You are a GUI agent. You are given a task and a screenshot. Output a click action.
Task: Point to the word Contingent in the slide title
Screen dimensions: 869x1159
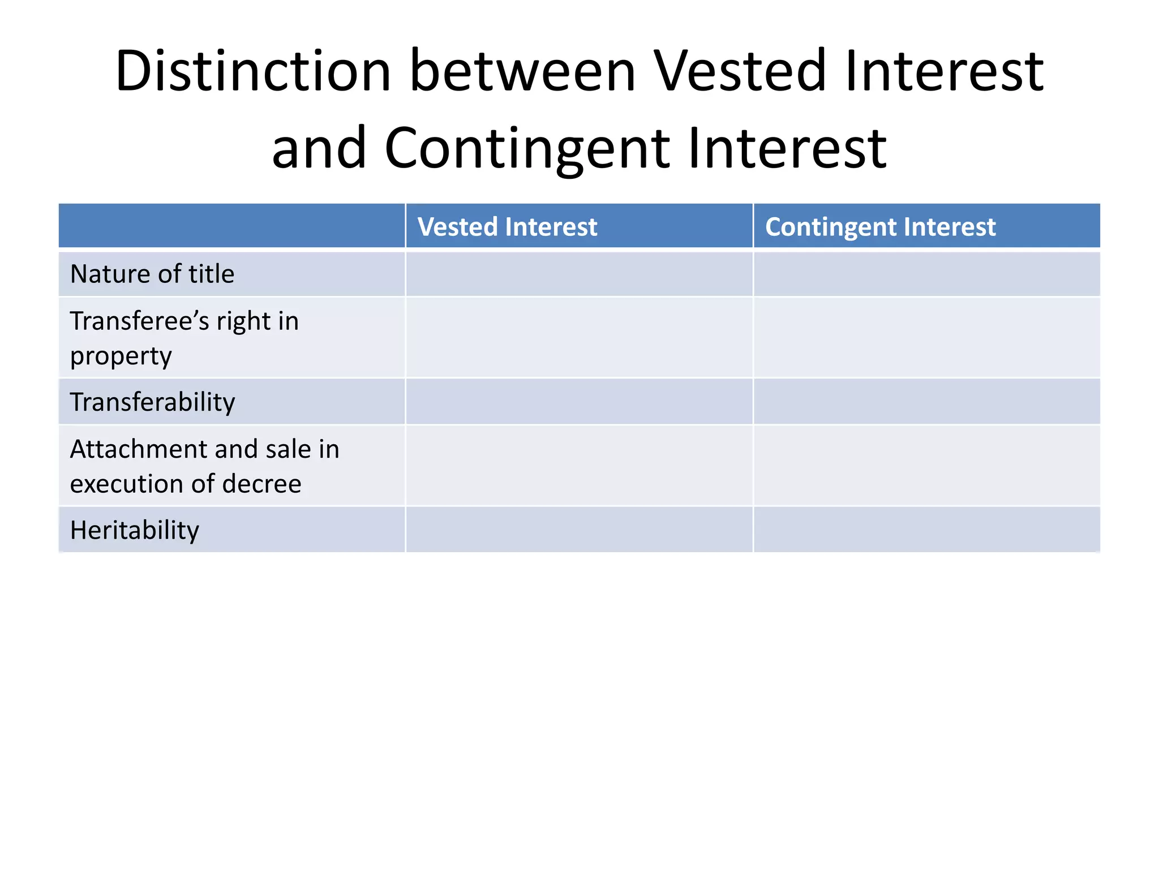pyautogui.click(x=527, y=148)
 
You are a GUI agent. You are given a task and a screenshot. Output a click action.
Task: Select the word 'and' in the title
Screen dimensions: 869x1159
pyautogui.click(x=319, y=148)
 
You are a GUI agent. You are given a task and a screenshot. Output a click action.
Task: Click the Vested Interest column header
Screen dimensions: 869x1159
pyautogui.click(x=507, y=227)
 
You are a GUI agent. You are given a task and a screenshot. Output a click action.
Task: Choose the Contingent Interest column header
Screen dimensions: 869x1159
pyautogui.click(x=880, y=227)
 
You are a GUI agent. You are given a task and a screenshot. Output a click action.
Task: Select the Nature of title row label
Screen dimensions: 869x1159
pyautogui.click(x=152, y=274)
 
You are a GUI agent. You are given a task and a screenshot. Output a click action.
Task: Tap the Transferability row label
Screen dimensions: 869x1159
pyautogui.click(x=152, y=402)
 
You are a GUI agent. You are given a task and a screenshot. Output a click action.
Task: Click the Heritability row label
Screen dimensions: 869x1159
pyautogui.click(x=134, y=530)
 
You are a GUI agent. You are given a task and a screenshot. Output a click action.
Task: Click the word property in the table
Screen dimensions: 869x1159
pyautogui.click(x=121, y=356)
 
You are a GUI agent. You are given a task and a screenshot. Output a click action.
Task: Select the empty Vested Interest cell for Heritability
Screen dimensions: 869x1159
pyautogui.click(x=579, y=530)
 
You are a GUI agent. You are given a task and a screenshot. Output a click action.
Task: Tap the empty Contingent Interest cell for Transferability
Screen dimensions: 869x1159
pyautogui.click(x=926, y=402)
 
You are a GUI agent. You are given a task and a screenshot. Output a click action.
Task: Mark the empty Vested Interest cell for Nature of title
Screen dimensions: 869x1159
pyautogui.click(x=579, y=274)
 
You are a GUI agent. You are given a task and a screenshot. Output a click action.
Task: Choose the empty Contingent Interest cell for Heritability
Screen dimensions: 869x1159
pyautogui.click(x=926, y=530)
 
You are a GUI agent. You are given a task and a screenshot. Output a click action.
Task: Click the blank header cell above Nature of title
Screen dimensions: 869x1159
pyautogui.click(x=231, y=226)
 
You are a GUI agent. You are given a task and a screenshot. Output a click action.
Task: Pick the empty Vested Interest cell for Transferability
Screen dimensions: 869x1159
pyautogui.click(x=579, y=402)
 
